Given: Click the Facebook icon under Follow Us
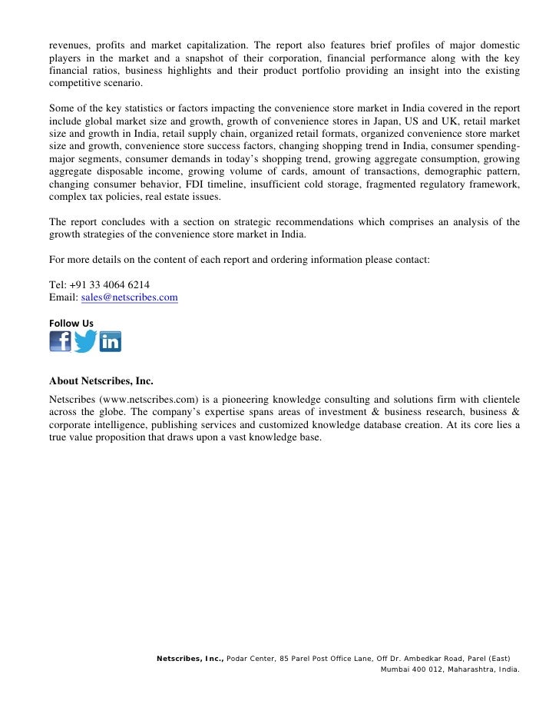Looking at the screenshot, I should [x=61, y=341].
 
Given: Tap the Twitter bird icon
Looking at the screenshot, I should [x=85, y=341].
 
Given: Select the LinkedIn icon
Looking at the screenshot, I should [x=111, y=341].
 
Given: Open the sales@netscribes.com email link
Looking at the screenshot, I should [x=129, y=297].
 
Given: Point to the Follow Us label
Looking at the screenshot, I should [x=71, y=323].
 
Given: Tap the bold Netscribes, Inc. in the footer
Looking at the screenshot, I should [x=190, y=659].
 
